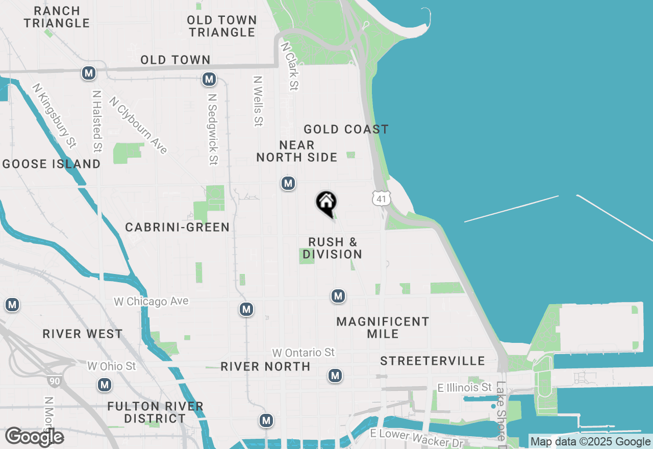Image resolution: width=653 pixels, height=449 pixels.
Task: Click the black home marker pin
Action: tap(326, 203)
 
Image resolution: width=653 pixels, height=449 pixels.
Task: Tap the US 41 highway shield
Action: tap(382, 198)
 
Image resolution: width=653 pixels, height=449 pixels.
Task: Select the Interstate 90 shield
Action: tap(53, 381)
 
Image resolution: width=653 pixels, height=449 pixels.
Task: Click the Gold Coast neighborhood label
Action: tap(346, 129)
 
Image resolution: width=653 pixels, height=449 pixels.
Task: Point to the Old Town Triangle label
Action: tap(221, 26)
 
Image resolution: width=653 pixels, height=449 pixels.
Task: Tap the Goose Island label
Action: tap(52, 164)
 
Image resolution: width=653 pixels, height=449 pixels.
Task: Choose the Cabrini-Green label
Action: tap(178, 227)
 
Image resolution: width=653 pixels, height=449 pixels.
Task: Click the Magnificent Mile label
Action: tap(383, 328)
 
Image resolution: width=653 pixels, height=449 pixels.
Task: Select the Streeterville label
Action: tap(433, 361)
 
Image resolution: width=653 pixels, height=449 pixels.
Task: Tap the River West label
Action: tap(83, 334)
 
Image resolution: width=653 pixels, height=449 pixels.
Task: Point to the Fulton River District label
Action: tap(156, 412)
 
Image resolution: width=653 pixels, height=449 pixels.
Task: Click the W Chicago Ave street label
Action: tap(151, 302)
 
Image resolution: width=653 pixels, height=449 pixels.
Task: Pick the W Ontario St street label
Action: tap(304, 353)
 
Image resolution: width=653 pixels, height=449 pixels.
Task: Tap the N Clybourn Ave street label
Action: tap(138, 126)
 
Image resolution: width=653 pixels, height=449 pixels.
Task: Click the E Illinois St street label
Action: tap(465, 388)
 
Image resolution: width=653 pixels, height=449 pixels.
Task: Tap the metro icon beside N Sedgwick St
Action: tap(209, 79)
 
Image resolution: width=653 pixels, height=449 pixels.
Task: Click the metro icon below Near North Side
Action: tap(288, 183)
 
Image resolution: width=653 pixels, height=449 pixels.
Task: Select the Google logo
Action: tap(34, 437)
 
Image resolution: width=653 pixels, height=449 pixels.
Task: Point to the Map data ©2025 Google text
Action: tap(591, 442)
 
